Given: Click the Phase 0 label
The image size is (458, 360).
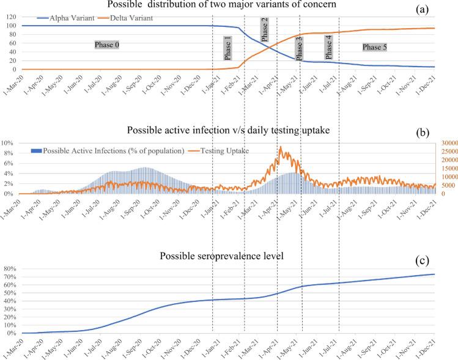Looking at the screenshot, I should point(106,45).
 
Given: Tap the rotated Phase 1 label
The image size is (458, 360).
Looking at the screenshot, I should point(227,48).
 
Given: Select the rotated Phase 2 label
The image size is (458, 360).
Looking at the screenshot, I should point(265,30).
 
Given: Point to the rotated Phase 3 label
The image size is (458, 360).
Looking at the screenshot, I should point(298,48).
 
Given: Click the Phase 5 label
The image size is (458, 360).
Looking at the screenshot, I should point(375,46).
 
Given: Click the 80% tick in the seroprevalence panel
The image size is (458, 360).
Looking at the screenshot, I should point(11,269).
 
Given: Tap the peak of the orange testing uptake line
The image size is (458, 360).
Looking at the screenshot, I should point(280,147).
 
